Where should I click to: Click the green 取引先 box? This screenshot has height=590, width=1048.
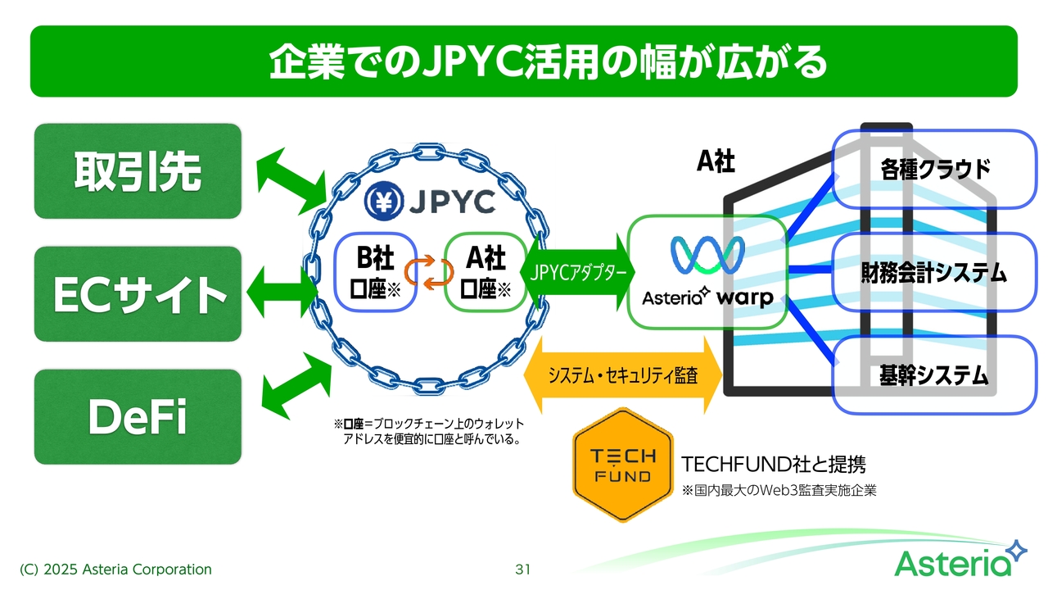pyautogui.click(x=138, y=170)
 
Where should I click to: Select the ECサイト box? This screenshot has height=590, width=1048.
pyautogui.click(x=138, y=293)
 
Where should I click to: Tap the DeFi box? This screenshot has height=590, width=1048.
pyautogui.click(x=138, y=416)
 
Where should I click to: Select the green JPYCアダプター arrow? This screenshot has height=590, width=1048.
pyautogui.click(x=582, y=272)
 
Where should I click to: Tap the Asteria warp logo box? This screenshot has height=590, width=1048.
pyautogui.click(x=707, y=270)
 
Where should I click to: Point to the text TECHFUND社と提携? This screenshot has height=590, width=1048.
pyautogui.click(x=773, y=465)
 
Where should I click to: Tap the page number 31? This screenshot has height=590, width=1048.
pyautogui.click(x=523, y=569)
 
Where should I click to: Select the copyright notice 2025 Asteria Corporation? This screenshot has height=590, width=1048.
pyautogui.click(x=115, y=569)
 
